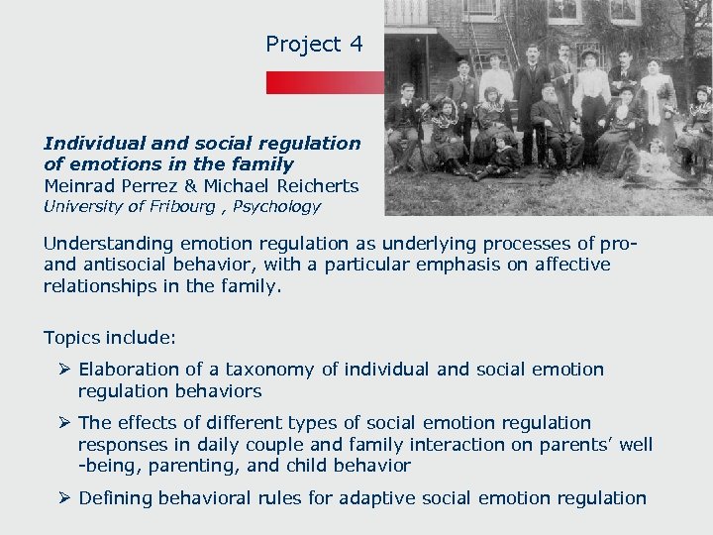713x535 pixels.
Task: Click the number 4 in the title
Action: pos(356,45)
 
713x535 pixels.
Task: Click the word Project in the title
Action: pos(302,45)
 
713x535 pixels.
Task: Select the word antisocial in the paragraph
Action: pos(124,265)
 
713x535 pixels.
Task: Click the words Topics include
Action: pos(110,338)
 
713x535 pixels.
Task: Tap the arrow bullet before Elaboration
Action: pos(65,370)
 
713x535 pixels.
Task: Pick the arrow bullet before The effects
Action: pos(65,423)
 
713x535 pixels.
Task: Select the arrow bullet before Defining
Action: pos(65,498)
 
